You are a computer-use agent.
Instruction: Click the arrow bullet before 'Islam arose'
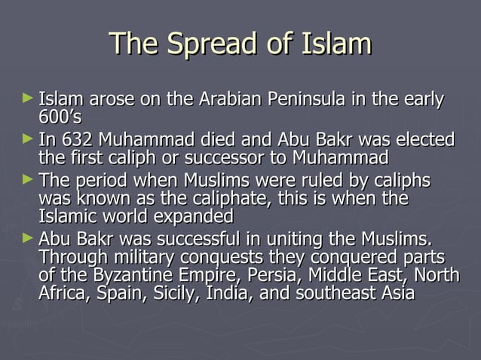coord(28,98)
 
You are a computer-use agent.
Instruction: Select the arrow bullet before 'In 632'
coord(28,139)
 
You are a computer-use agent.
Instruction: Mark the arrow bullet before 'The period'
coord(28,181)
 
